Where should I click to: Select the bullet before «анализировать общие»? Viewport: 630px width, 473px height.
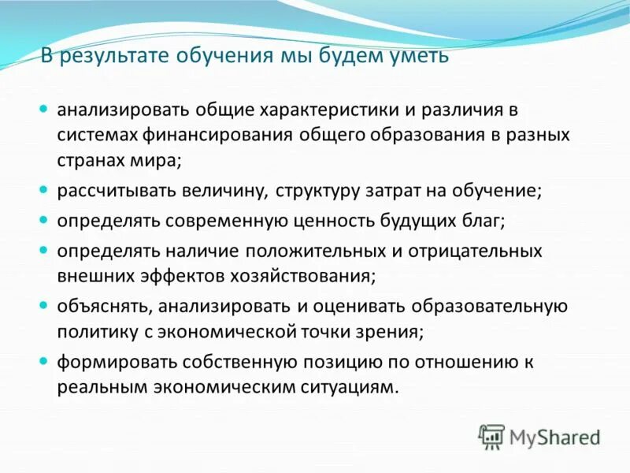tap(45, 107)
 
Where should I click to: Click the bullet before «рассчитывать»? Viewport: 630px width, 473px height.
tap(45, 190)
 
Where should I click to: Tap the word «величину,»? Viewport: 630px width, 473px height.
tap(232, 191)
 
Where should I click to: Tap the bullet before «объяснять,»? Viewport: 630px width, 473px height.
tap(45, 304)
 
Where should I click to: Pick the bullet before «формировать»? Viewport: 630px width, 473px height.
tap(45, 360)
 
